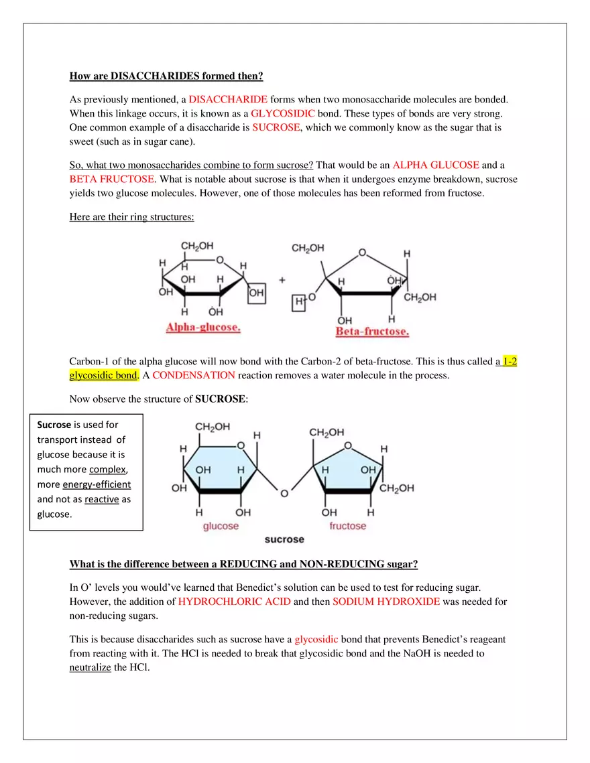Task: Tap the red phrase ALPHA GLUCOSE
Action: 436,165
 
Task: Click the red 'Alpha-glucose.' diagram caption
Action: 203,328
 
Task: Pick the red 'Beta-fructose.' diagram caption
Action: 372,332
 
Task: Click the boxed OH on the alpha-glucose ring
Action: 256,293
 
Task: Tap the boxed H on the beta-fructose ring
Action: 299,303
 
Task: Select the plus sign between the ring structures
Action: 282,279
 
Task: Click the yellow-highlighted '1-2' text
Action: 510,361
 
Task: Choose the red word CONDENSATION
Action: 194,375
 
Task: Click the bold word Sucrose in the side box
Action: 54,425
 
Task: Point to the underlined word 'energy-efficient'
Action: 97,484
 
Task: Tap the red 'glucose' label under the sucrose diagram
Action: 221,526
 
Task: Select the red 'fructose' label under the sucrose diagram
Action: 347,526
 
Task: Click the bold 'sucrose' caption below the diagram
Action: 284,539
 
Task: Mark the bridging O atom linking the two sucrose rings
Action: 284,494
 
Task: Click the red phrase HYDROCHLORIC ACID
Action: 235,601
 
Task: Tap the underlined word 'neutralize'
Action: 90,667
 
